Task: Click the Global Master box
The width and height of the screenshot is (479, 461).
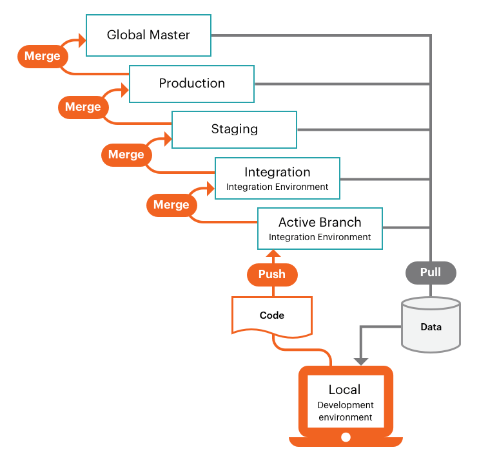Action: coord(148,35)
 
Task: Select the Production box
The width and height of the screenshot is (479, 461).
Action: coord(191,84)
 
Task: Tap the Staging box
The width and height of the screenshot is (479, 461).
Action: coord(234,129)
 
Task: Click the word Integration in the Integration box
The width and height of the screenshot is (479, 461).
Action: coord(277,173)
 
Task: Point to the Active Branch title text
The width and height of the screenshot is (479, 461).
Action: coord(320,222)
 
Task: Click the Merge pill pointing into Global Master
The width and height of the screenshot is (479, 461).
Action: coord(43,56)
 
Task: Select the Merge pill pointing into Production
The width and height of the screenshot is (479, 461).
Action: coord(83,107)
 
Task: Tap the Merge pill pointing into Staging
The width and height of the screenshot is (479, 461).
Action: coord(126,155)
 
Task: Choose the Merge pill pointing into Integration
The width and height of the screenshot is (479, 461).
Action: coord(171,205)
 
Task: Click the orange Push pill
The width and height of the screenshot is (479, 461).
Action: coord(272,274)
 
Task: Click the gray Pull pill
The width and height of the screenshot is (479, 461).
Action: coord(431,272)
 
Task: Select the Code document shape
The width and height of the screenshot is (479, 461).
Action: coord(272,315)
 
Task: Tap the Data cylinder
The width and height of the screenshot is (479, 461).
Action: coord(431,325)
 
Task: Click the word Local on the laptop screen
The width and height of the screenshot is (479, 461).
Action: coord(345,390)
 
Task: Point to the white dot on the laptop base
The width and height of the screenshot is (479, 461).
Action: coord(346,438)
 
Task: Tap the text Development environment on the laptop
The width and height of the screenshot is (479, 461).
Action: coord(345,411)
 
